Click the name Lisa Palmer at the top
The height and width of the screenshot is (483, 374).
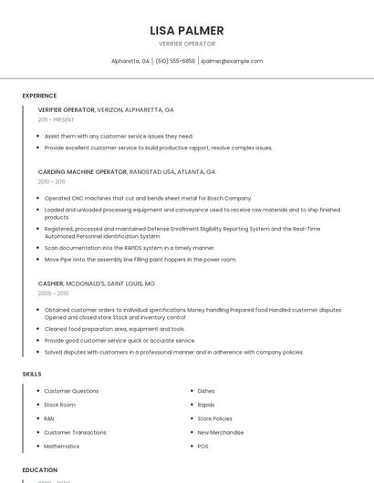click(x=187, y=30)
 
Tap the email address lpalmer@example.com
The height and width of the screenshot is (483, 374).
click(x=232, y=61)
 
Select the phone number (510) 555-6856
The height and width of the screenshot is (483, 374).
click(x=175, y=61)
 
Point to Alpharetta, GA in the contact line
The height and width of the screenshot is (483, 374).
click(x=130, y=61)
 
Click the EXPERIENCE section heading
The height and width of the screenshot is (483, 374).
click(x=39, y=96)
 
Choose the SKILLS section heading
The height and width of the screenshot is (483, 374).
click(x=32, y=374)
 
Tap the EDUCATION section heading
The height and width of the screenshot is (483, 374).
click(x=40, y=469)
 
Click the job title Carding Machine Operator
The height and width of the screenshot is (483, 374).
click(x=82, y=171)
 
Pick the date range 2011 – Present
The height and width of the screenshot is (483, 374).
click(x=56, y=119)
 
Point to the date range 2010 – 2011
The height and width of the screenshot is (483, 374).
click(x=51, y=181)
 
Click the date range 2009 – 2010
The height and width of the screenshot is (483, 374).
click(x=52, y=293)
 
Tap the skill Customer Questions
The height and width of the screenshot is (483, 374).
click(x=71, y=391)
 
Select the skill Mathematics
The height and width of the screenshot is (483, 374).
click(x=61, y=447)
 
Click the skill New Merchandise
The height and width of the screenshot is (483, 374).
click(x=220, y=433)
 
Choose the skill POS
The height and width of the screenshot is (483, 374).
click(x=203, y=447)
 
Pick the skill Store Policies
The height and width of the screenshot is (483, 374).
click(x=214, y=418)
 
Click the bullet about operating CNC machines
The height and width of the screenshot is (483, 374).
click(x=148, y=198)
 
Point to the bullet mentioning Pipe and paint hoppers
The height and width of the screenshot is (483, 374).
click(x=140, y=259)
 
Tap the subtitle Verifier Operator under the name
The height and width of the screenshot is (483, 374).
click(x=187, y=44)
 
